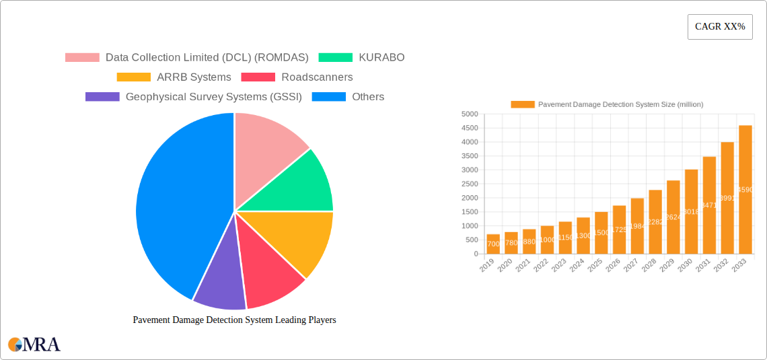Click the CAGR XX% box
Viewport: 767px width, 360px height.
[x=719, y=27]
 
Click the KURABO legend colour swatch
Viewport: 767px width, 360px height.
[x=335, y=58]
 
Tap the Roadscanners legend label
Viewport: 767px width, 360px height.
[x=317, y=77]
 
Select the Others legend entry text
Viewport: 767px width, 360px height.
[x=368, y=97]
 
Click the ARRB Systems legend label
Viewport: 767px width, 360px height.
[x=194, y=77]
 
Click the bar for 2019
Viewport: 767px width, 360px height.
[x=493, y=244]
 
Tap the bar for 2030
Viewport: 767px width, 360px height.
[x=691, y=212]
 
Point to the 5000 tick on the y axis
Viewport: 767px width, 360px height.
[x=469, y=114]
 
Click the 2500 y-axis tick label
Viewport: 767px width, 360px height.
[x=469, y=184]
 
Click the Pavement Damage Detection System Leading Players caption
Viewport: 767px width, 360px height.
[x=234, y=320]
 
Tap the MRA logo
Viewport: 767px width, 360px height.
[x=34, y=345]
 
